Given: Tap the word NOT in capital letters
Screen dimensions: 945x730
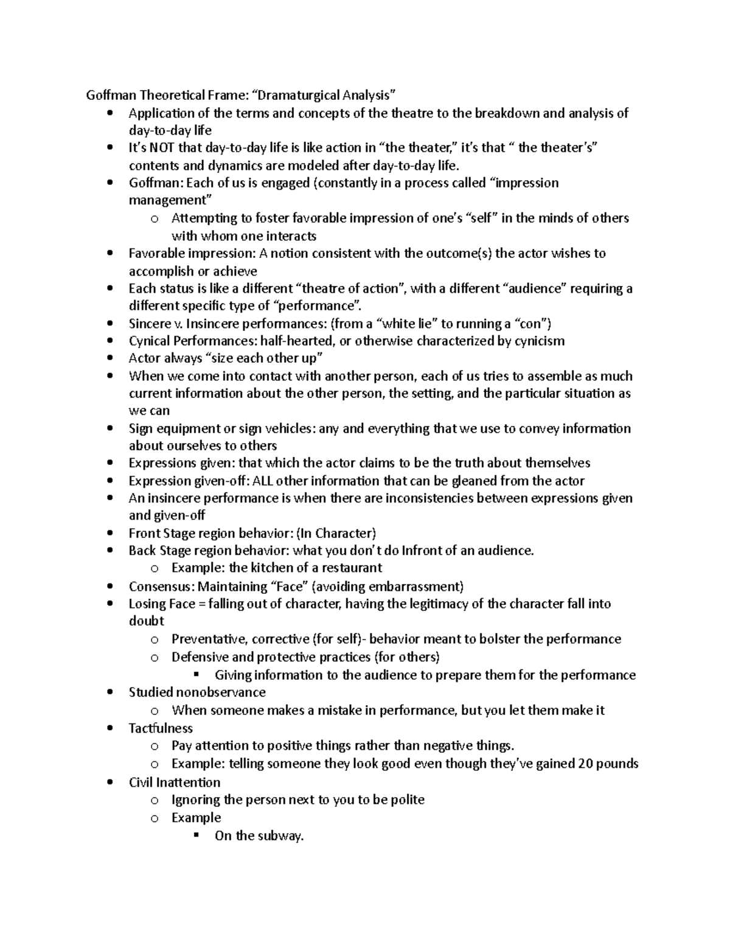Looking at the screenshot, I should (162, 148).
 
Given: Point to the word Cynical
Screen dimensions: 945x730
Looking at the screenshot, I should (150, 341).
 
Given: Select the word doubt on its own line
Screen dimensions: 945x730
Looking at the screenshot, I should (146, 621).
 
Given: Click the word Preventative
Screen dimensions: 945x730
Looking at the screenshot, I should (207, 639).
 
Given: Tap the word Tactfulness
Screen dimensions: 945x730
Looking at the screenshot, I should (161, 728).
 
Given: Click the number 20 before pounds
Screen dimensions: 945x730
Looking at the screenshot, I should (586, 764).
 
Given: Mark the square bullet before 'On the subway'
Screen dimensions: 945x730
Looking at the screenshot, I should (196, 835).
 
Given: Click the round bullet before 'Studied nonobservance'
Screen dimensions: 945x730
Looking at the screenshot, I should (109, 692).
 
